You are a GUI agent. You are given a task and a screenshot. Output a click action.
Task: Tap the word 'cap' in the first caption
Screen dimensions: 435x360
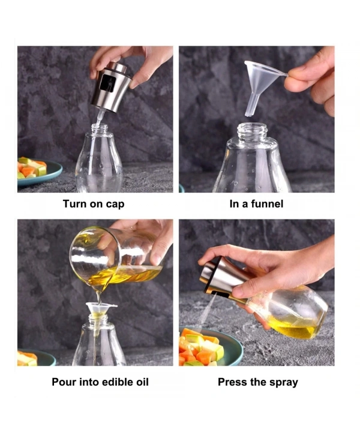click(114, 205)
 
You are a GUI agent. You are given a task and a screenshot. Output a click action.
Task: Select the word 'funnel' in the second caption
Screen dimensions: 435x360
click(266, 204)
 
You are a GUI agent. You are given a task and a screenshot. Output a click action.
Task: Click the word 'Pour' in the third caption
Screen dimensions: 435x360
click(64, 382)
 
